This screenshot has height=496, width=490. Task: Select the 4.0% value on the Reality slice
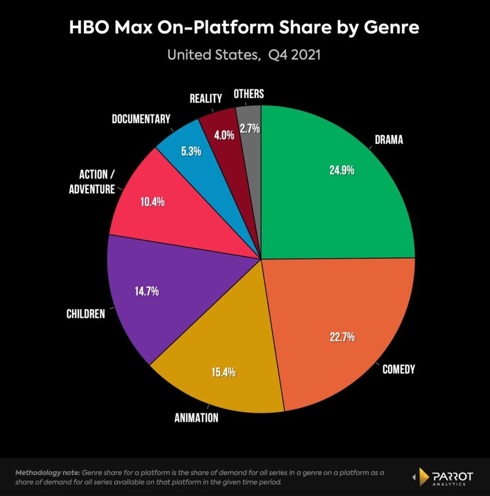pos(224,135)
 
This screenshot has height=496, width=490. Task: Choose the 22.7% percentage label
pos(339,337)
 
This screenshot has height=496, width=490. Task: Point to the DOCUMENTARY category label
pos(141,119)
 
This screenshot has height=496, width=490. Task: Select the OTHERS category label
pos(248,93)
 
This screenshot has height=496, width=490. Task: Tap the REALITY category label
pos(206,98)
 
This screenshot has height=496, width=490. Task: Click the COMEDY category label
pos(398,370)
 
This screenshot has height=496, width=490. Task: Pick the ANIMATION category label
pos(196,417)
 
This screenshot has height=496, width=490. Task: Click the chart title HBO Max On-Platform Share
pos(245,28)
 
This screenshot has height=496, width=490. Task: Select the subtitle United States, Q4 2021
pos(245,55)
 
